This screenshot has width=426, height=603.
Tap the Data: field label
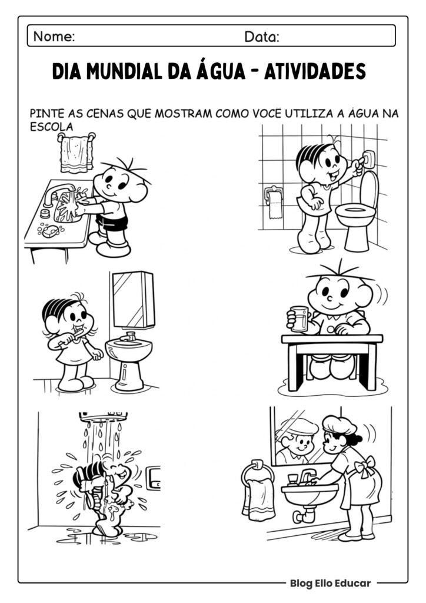pos(262,37)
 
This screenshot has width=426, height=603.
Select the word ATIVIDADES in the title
pos(315,72)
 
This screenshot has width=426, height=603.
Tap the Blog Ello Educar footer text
pos(330,583)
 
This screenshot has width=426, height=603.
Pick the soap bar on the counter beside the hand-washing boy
pos(49,231)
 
